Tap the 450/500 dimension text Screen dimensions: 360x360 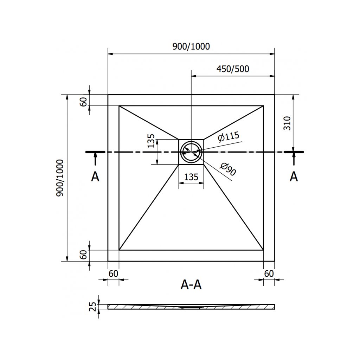tap(233, 69)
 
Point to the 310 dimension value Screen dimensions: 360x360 tap(287, 123)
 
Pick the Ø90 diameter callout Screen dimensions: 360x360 tap(228, 170)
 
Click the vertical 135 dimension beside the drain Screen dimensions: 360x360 tap(152, 141)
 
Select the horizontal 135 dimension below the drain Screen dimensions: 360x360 tap(191, 177)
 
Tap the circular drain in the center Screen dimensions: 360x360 tap(191, 152)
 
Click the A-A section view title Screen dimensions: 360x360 tap(191, 284)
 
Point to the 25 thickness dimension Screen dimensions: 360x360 tap(93, 307)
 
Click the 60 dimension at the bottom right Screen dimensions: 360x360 tap(269, 273)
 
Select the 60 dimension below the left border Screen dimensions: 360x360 tap(113, 273)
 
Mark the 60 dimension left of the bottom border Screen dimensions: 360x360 tap(84, 255)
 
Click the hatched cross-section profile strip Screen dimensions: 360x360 tap(191, 307)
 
